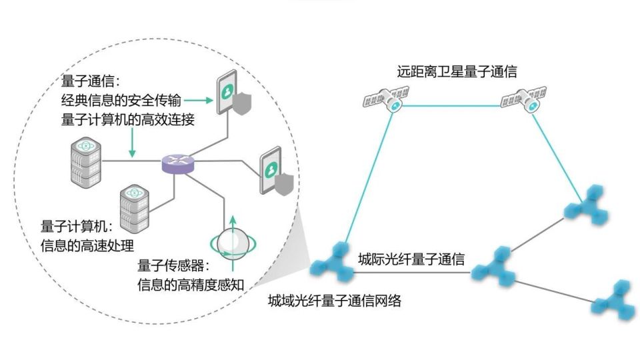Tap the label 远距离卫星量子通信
(x=457, y=72)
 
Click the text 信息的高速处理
(x=87, y=244)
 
